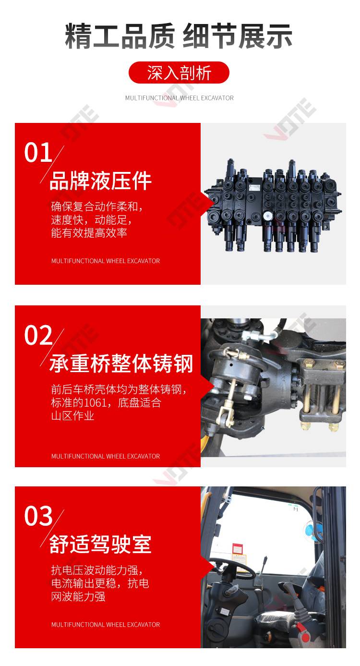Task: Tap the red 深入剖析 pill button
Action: pyautogui.click(x=179, y=73)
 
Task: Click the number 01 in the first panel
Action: pyautogui.click(x=38, y=152)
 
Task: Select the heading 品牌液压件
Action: pyautogui.click(x=100, y=181)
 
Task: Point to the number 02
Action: pyautogui.click(x=38, y=335)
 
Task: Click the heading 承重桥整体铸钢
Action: pyautogui.click(x=121, y=363)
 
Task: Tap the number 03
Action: pyautogui.click(x=38, y=516)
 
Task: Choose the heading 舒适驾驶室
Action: pyautogui.click(x=100, y=544)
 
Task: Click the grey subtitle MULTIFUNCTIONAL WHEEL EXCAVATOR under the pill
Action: pyautogui.click(x=179, y=98)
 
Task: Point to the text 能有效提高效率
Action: pyautogui.click(x=89, y=232)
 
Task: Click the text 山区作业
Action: pyautogui.click(x=72, y=415)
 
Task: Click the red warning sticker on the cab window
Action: pyautogui.click(x=237, y=548)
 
